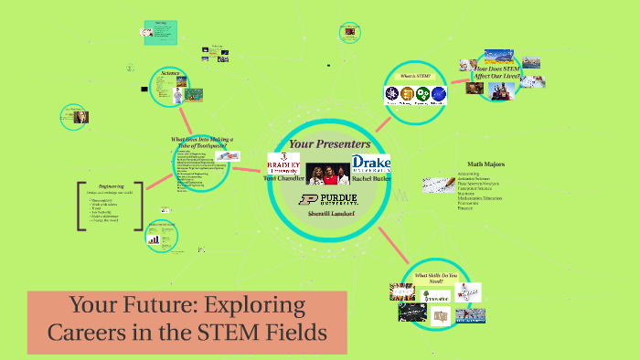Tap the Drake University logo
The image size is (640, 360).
[x=369, y=164]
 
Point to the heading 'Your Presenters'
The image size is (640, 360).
[x=328, y=143]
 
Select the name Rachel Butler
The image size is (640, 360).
[x=370, y=179]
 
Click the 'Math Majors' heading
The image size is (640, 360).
[x=481, y=165]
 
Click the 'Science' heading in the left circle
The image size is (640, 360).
[x=170, y=73]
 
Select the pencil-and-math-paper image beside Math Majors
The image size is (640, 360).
[x=437, y=185]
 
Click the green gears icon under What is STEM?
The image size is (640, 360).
[x=423, y=93]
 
